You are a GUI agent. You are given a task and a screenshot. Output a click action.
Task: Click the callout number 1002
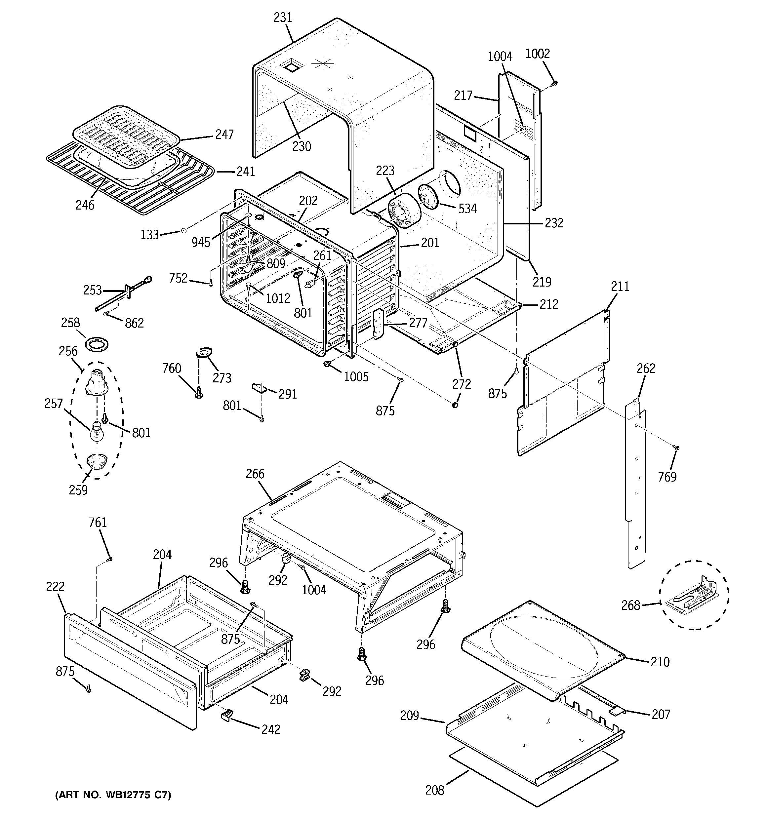(x=538, y=54)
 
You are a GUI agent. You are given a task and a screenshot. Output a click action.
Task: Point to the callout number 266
(x=255, y=474)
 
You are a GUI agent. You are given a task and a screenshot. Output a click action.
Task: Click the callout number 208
(x=435, y=790)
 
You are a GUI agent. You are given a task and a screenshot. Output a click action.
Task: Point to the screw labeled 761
(x=109, y=559)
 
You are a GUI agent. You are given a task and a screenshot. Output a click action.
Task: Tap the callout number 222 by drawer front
(x=55, y=586)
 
